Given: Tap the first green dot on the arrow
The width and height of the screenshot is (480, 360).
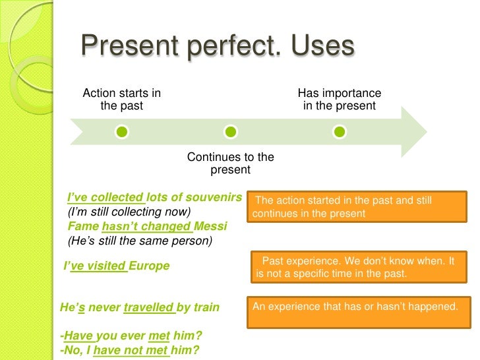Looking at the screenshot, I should pyautogui.click(x=121, y=133).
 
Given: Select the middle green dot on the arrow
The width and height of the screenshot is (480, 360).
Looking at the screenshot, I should pyautogui.click(x=230, y=133).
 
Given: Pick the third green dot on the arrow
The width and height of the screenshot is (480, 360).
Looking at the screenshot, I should pyautogui.click(x=339, y=133).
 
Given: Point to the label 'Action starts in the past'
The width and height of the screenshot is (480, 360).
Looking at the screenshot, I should pyautogui.click(x=121, y=100).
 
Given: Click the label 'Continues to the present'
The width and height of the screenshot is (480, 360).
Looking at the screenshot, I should pyautogui.click(x=230, y=164).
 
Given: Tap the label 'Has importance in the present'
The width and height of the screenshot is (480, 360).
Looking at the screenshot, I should pyautogui.click(x=339, y=100).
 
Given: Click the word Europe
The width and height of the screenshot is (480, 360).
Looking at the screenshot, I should pyautogui.click(x=149, y=266).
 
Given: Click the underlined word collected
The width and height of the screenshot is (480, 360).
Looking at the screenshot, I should pyautogui.click(x=118, y=197).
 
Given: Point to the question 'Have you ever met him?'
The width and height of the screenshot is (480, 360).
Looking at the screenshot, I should pyautogui.click(x=132, y=336).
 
